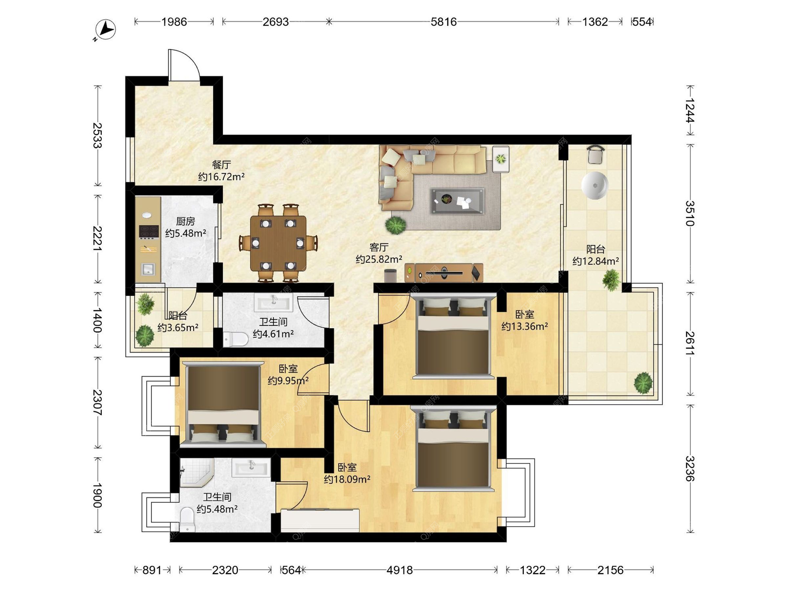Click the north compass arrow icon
coord(106,30)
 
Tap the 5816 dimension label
coord(443,22)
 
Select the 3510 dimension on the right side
coord(690,213)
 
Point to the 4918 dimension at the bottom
coord(399,570)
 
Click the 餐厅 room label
coord(221,165)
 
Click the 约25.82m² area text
coord(379,259)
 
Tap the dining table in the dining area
coord(278,243)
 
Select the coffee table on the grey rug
coord(457,201)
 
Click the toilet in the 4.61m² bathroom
coord(236,339)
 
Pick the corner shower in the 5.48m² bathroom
coord(197,472)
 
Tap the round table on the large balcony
coord(595,186)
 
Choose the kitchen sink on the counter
coord(148,269)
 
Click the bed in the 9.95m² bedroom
coord(223,404)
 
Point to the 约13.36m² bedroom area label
coord(525,326)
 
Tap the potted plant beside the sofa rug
coord(396,225)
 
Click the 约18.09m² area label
coord(347,479)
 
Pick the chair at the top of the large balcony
coord(595,154)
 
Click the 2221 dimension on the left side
coord(97,239)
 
